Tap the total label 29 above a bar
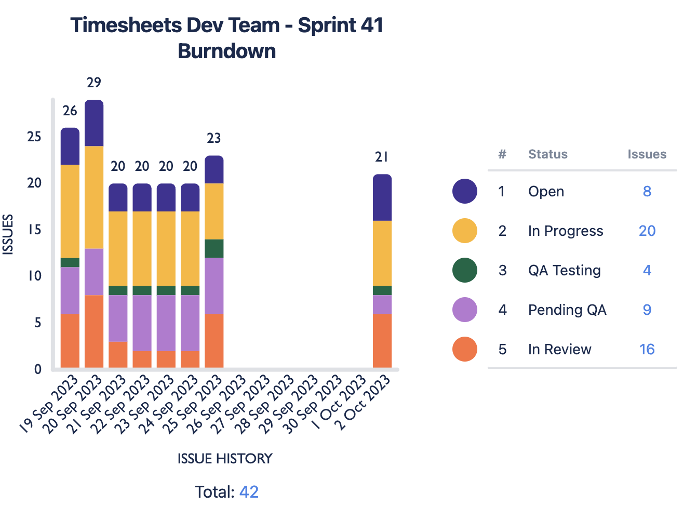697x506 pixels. point(94,83)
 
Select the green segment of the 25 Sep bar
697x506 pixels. point(214,248)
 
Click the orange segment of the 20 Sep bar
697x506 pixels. point(94,331)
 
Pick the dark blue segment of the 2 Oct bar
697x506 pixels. point(382,197)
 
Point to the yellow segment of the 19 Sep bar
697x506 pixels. point(70,211)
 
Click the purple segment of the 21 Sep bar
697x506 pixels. point(118,318)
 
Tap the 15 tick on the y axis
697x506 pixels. point(34,230)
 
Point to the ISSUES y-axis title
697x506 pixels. point(8,234)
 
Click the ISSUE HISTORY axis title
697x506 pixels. point(225,459)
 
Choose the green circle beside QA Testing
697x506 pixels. point(465,270)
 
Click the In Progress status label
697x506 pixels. point(566,231)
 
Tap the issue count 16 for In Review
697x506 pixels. point(647,349)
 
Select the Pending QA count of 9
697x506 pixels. point(647,310)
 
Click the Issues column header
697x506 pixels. point(647,154)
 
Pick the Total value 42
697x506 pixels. point(249,491)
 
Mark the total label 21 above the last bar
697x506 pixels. point(382,157)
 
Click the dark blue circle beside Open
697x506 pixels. point(465,191)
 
